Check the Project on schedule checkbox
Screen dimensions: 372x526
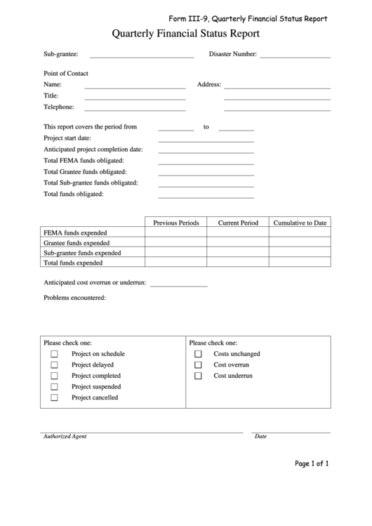[x=54, y=355]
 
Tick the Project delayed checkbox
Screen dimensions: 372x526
[x=54, y=365]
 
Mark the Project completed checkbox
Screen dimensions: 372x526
[x=54, y=376]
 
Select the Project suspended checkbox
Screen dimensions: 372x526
[x=54, y=387]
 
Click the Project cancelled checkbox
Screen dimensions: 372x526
[x=54, y=398]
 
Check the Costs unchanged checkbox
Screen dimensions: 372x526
[x=198, y=355]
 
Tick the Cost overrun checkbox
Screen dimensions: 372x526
[x=198, y=365]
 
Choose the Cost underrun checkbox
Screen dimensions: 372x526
[x=198, y=376]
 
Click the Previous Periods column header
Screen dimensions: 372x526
[x=175, y=223]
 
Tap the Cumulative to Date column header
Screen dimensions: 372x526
[x=300, y=223]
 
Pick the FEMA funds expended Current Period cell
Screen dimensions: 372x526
[x=238, y=232]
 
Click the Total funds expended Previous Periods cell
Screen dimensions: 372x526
[x=175, y=263]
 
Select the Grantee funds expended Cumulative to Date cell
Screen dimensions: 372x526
[x=300, y=242]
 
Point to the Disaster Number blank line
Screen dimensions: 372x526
[x=295, y=54]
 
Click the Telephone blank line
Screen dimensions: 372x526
[x=135, y=107]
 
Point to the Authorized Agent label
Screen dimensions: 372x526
[x=65, y=436]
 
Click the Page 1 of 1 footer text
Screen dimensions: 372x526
[x=311, y=463]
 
